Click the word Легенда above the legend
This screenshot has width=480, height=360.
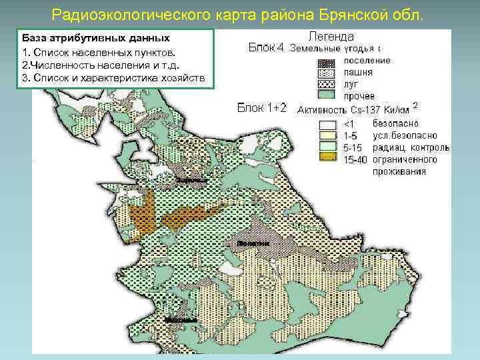(x=331, y=36)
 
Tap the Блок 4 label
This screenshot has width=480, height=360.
(x=266, y=47)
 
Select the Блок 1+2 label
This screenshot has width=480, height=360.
(x=262, y=108)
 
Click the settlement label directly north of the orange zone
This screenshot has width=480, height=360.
(x=191, y=181)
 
